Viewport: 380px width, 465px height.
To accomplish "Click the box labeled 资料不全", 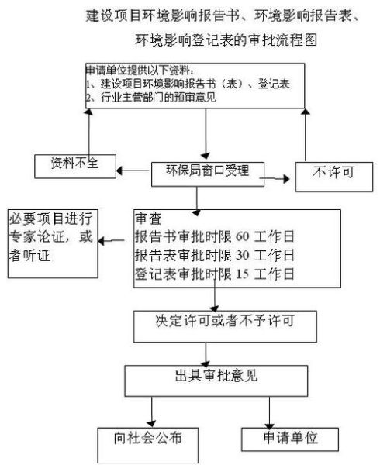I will pos(74,164).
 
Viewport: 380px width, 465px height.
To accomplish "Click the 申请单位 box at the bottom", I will pos(291,438).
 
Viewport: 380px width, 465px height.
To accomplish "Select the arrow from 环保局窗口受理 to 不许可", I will pos(277,179).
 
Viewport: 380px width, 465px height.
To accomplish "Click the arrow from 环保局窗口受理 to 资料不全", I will pos(133,170).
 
